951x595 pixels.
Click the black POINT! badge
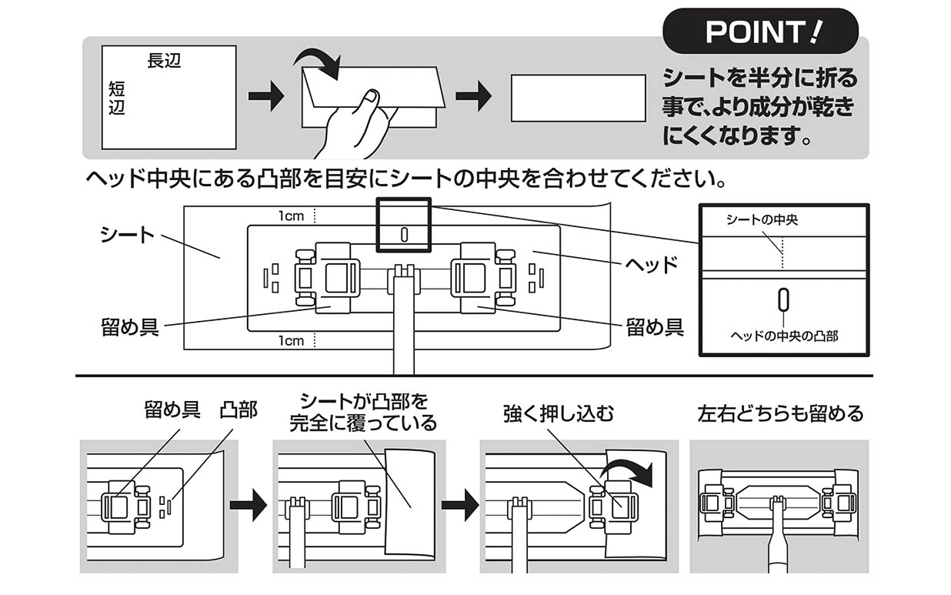(759, 32)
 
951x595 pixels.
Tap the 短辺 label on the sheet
(116, 99)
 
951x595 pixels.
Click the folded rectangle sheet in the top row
(578, 98)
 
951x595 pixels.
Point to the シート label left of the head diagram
(127, 235)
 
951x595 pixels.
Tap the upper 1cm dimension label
(292, 216)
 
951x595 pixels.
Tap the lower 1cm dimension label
(292, 341)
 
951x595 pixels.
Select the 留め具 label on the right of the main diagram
(654, 327)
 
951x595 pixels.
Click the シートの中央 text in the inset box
(762, 220)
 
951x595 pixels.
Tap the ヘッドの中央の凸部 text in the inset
(783, 336)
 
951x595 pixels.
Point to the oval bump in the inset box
(783, 299)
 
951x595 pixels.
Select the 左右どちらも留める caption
(779, 414)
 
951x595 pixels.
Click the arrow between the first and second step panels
(248, 506)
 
